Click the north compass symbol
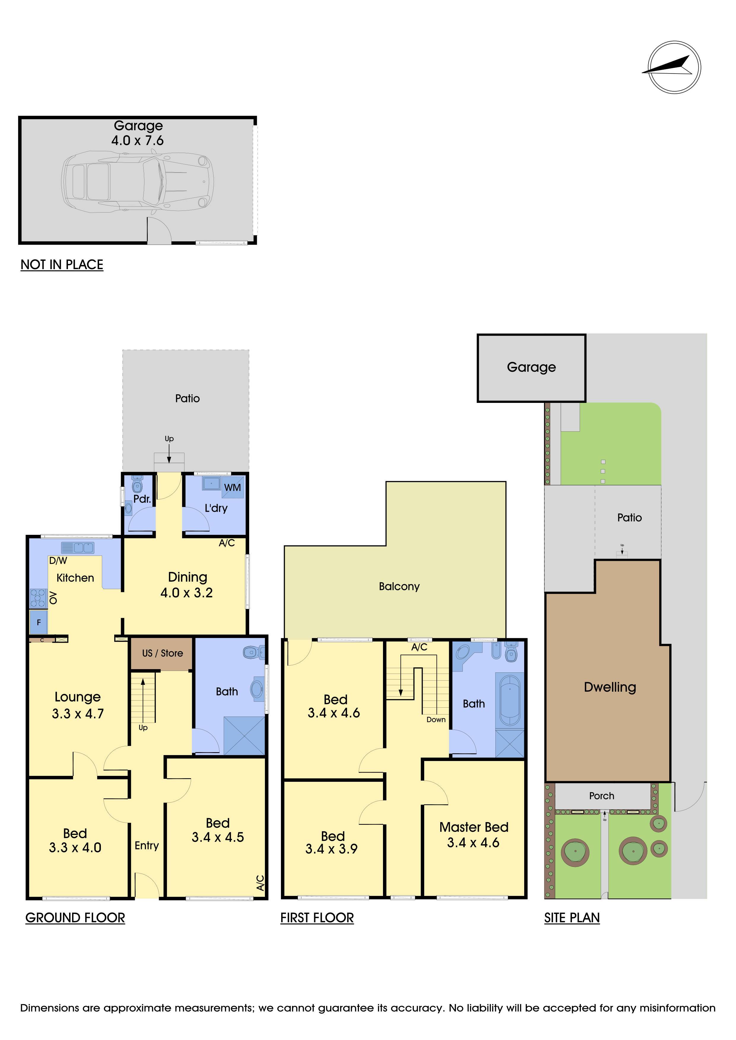pyautogui.click(x=674, y=68)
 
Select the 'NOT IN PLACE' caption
pyautogui.click(x=62, y=264)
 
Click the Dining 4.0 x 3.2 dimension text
pyautogui.click(x=187, y=592)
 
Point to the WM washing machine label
pyautogui.click(x=233, y=487)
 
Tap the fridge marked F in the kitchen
pyautogui.click(x=39, y=622)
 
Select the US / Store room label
pyautogui.click(x=162, y=653)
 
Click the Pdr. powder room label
pyautogui.click(x=142, y=499)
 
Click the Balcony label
pyautogui.click(x=399, y=587)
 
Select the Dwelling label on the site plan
pyautogui.click(x=610, y=687)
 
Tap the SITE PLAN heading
pyautogui.click(x=572, y=918)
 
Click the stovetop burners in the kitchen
pyautogui.click(x=39, y=598)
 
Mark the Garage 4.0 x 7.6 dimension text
pyautogui.click(x=138, y=141)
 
